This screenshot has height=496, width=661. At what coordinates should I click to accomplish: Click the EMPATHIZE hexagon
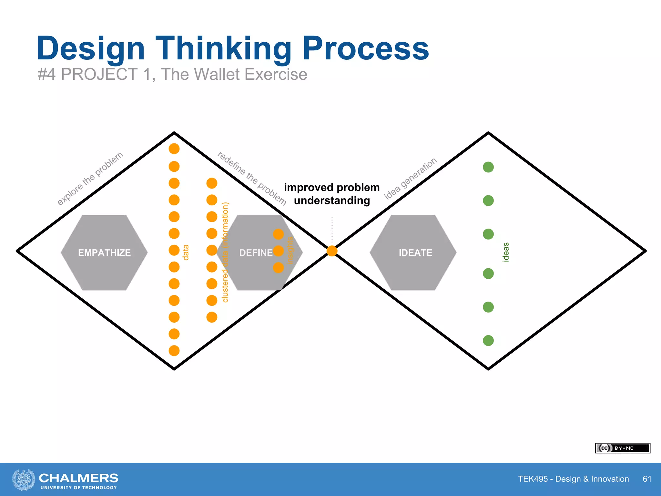pos(104,253)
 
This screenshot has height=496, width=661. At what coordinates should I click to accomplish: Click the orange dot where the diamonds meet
pos(332,251)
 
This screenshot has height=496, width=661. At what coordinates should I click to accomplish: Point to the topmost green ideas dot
pos(488,167)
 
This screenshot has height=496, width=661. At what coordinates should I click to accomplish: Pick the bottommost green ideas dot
pos(488,340)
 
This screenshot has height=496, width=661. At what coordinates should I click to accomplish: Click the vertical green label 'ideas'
pos(506,252)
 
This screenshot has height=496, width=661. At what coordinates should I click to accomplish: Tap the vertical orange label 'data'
pos(186,252)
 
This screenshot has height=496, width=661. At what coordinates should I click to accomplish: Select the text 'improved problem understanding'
pos(332,194)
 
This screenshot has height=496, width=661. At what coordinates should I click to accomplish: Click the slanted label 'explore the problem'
pos(90,178)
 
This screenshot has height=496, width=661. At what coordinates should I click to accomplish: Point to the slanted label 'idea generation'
pos(410,178)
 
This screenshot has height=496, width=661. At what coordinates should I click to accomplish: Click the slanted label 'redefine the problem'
pos(252,178)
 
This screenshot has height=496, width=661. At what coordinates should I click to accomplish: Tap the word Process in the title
pos(365,48)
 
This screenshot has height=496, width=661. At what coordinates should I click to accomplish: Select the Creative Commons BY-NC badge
pos(622,448)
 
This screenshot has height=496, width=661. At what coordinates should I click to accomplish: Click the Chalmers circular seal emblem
pos(24,480)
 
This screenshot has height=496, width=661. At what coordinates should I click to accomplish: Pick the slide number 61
pos(647,479)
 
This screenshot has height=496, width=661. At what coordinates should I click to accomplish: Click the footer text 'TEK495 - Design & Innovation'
pos(573,479)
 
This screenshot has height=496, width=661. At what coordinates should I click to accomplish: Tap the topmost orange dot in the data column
pos(174,149)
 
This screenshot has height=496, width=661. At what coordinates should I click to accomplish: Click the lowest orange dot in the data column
pos(174,351)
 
